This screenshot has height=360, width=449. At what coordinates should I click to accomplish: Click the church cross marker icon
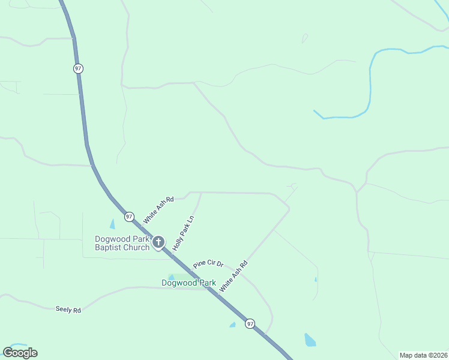coord(158,242)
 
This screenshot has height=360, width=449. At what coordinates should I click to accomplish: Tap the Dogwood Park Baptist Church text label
coord(122,243)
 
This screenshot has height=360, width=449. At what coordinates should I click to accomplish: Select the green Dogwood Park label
coord(188,283)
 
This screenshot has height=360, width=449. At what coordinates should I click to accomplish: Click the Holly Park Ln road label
coord(184,233)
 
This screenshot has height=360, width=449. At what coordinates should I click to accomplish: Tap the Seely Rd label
coord(68,310)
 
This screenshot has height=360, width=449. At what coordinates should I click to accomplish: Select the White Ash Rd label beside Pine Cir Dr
coord(234,276)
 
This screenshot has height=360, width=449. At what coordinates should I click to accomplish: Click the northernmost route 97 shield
coord(78,68)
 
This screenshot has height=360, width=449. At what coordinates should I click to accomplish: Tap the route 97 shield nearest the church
coord(129,216)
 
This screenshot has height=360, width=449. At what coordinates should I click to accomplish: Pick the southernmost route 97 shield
coord(250,323)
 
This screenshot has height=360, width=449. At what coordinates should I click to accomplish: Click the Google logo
coord(20,353)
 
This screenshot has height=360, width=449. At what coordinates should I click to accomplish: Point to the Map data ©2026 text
coord(423,355)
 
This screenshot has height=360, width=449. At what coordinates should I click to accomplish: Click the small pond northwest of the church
coord(112,224)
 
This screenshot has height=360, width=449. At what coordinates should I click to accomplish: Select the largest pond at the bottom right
coord(310,340)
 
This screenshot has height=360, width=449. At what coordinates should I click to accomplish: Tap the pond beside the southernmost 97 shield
coord(232,325)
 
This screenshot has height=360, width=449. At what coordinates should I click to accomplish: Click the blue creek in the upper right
coord(370,78)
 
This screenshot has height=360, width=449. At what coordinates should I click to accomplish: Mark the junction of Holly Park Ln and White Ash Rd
coord(200,193)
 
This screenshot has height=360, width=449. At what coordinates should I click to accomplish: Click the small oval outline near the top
coord(305,38)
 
